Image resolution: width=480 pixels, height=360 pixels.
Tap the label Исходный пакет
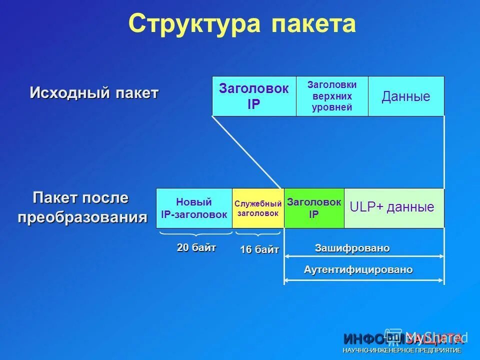click(x=94, y=93)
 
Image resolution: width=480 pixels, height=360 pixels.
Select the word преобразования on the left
click(x=83, y=217)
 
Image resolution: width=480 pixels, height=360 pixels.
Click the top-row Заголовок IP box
click(x=254, y=96)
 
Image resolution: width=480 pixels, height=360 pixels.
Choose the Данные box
click(x=406, y=96)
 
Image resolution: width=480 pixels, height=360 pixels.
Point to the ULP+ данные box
click(x=393, y=207)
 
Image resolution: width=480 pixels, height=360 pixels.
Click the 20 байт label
click(x=196, y=247)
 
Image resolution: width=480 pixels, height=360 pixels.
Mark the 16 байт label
click(x=259, y=250)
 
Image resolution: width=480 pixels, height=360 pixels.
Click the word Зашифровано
click(x=352, y=248)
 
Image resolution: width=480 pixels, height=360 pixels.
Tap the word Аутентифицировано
click(x=358, y=269)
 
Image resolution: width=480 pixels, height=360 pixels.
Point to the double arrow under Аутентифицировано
click(x=363, y=279)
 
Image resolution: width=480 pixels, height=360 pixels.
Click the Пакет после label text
click(x=80, y=198)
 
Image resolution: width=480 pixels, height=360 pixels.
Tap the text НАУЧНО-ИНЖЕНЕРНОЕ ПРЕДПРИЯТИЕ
click(x=402, y=350)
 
